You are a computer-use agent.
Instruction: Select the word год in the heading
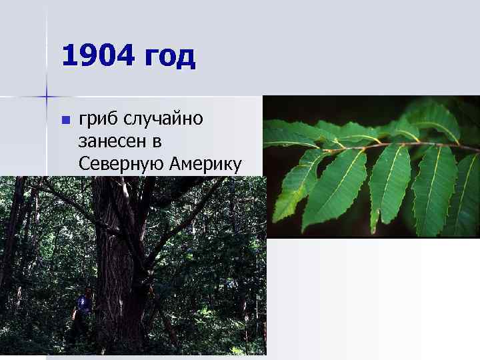(171, 57)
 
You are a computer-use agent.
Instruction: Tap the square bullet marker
(65, 121)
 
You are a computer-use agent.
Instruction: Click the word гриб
(98, 120)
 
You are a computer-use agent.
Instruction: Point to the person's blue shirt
(83, 304)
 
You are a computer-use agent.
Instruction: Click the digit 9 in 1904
(89, 56)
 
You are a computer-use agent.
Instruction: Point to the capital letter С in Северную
(84, 163)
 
